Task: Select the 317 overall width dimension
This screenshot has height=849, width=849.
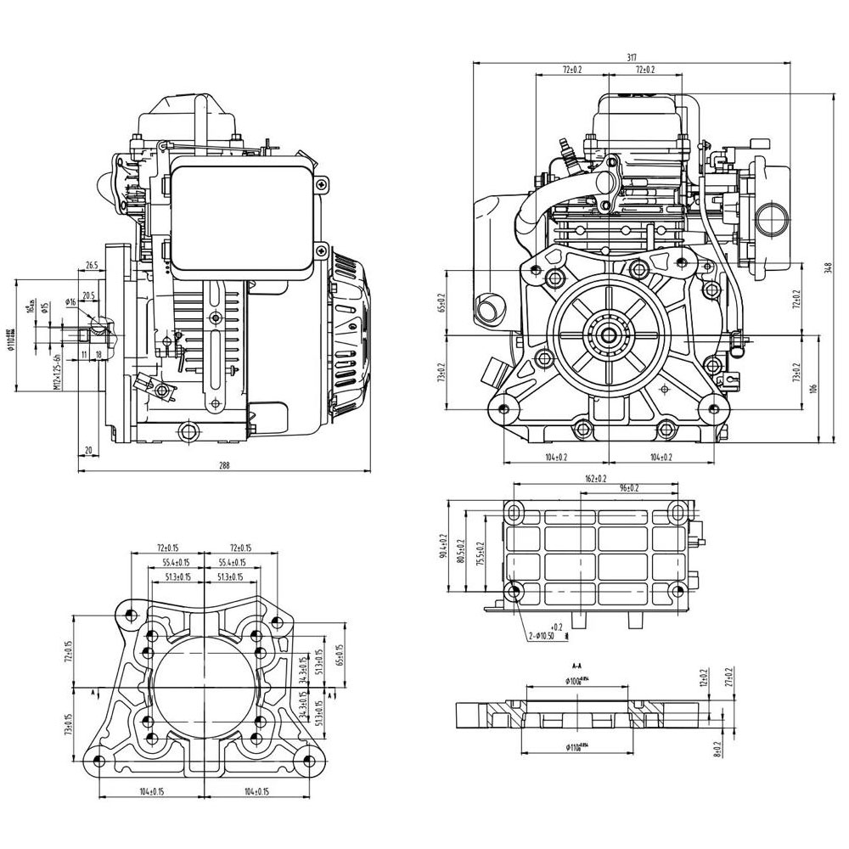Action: pos(632,57)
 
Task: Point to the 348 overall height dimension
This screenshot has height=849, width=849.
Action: pos(828,268)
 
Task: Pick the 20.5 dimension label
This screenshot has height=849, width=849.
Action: pos(88,295)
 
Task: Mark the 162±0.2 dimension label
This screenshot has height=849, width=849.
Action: pos(596,479)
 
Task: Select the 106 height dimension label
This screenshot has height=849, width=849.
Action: pos(812,388)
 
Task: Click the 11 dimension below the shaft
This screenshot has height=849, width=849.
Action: pos(84,353)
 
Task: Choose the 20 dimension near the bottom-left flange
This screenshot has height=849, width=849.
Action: pos(87,450)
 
